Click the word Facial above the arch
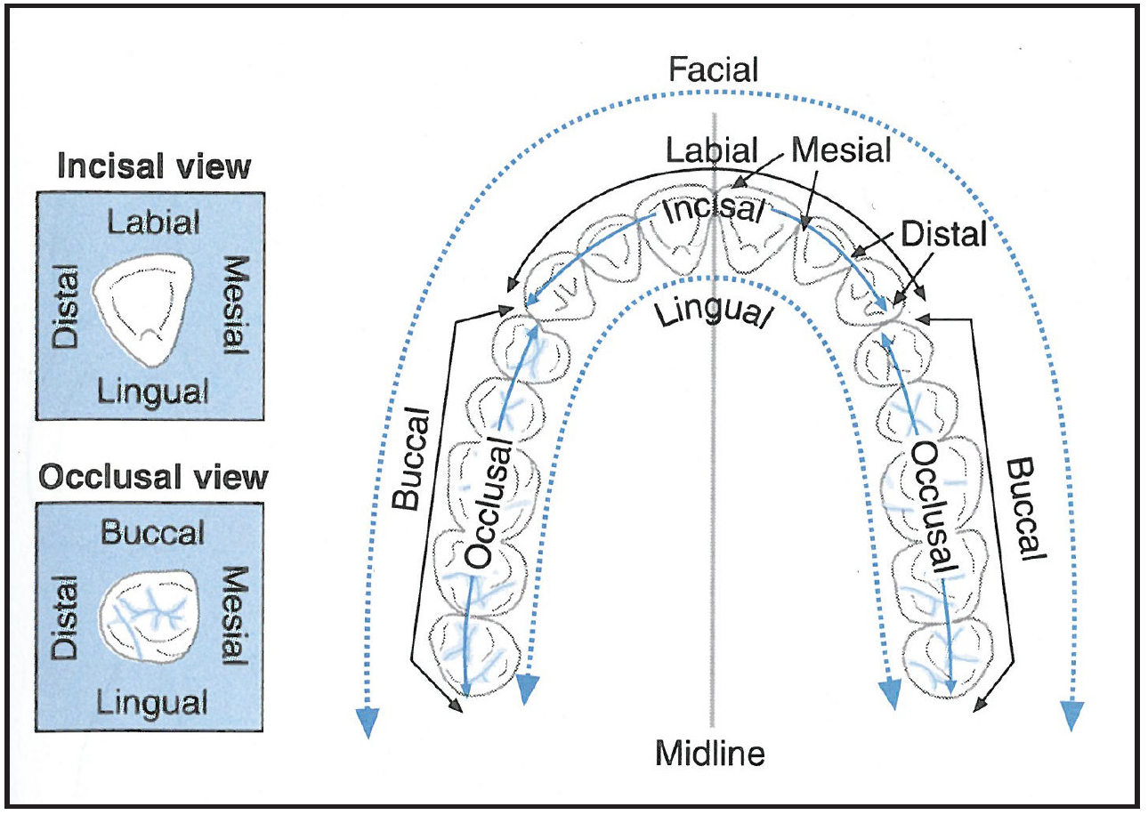tap(715, 69)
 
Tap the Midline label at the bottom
tap(710, 754)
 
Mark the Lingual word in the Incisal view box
tap(153, 389)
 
